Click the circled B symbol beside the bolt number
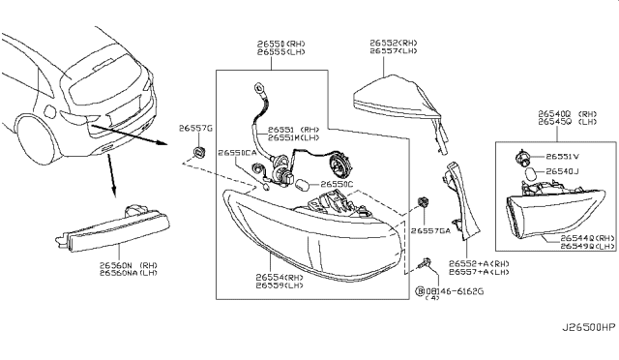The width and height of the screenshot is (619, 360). [420, 289]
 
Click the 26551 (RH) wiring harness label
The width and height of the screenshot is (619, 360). [295, 128]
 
